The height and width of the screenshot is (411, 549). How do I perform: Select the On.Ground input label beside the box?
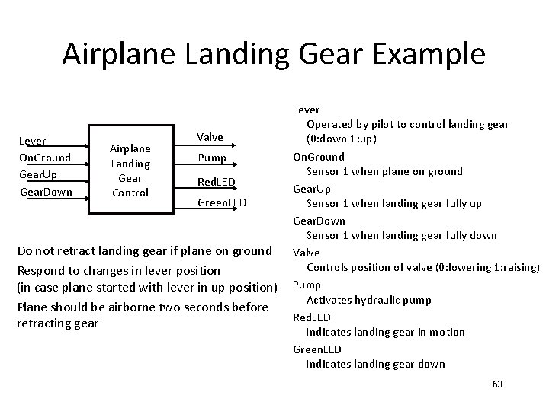tap(43, 158)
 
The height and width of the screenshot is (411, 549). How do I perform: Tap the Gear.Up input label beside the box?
tap(37, 174)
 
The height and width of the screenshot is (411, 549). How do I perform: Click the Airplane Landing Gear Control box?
tap(130, 170)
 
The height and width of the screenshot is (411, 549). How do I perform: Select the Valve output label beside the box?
tap(210, 137)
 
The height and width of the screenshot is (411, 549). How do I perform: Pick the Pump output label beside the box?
tap(212, 158)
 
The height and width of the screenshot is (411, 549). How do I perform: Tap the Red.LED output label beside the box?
tap(216, 181)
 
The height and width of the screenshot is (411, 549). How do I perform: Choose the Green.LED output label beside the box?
tap(222, 202)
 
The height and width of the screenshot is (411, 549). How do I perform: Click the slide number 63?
tap(498, 384)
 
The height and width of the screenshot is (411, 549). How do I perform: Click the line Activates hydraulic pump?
tap(368, 300)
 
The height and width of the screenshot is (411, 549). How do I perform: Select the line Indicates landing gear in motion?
tap(385, 332)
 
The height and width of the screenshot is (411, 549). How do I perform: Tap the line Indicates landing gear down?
tap(375, 364)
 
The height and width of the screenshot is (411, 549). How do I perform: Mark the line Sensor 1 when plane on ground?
tap(384, 171)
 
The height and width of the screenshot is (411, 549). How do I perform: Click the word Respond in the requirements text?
tap(42, 270)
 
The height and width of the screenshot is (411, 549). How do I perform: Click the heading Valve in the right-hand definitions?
tap(307, 252)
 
